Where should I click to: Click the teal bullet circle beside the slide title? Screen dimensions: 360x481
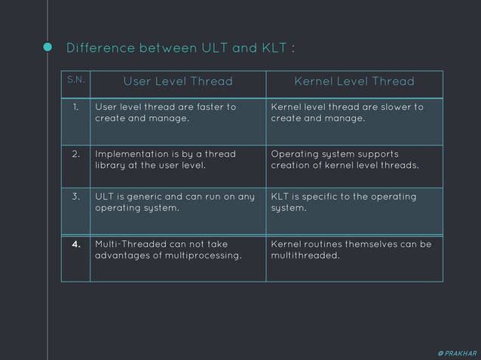(x=47, y=49)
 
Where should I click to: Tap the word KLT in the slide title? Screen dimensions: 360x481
(x=269, y=49)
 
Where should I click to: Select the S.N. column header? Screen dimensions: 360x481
(x=75, y=80)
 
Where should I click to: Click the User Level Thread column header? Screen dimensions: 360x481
(x=178, y=81)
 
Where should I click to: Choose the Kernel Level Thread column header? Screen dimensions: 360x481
(x=354, y=81)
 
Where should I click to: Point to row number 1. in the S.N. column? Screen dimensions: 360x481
(x=75, y=107)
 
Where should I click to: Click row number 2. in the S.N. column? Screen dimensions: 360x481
(x=75, y=154)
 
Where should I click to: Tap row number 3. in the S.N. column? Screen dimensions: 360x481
(x=75, y=197)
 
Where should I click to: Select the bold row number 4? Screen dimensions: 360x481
(x=75, y=244)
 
